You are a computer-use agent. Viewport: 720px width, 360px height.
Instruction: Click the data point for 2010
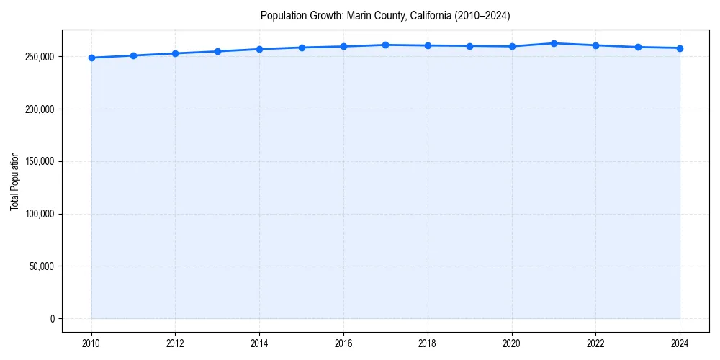pyautogui.click(x=91, y=58)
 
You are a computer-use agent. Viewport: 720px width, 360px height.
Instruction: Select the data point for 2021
pyautogui.click(x=554, y=43)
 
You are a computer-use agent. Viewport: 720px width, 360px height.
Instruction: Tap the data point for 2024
pyautogui.click(x=680, y=48)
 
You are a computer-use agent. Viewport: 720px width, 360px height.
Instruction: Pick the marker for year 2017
pyautogui.click(x=386, y=45)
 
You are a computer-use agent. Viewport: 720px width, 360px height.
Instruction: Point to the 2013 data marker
pyautogui.click(x=217, y=51)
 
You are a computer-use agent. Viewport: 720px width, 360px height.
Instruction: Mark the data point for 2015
pyautogui.click(x=302, y=48)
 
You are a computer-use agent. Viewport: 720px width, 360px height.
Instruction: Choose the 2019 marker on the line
pyautogui.click(x=469, y=46)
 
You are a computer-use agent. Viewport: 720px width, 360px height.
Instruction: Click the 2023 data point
pyautogui.click(x=638, y=48)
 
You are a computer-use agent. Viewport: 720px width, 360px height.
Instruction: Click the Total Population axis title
pyautogui.click(x=14, y=181)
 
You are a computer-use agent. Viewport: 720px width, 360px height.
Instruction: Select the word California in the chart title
pyautogui.click(x=430, y=16)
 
